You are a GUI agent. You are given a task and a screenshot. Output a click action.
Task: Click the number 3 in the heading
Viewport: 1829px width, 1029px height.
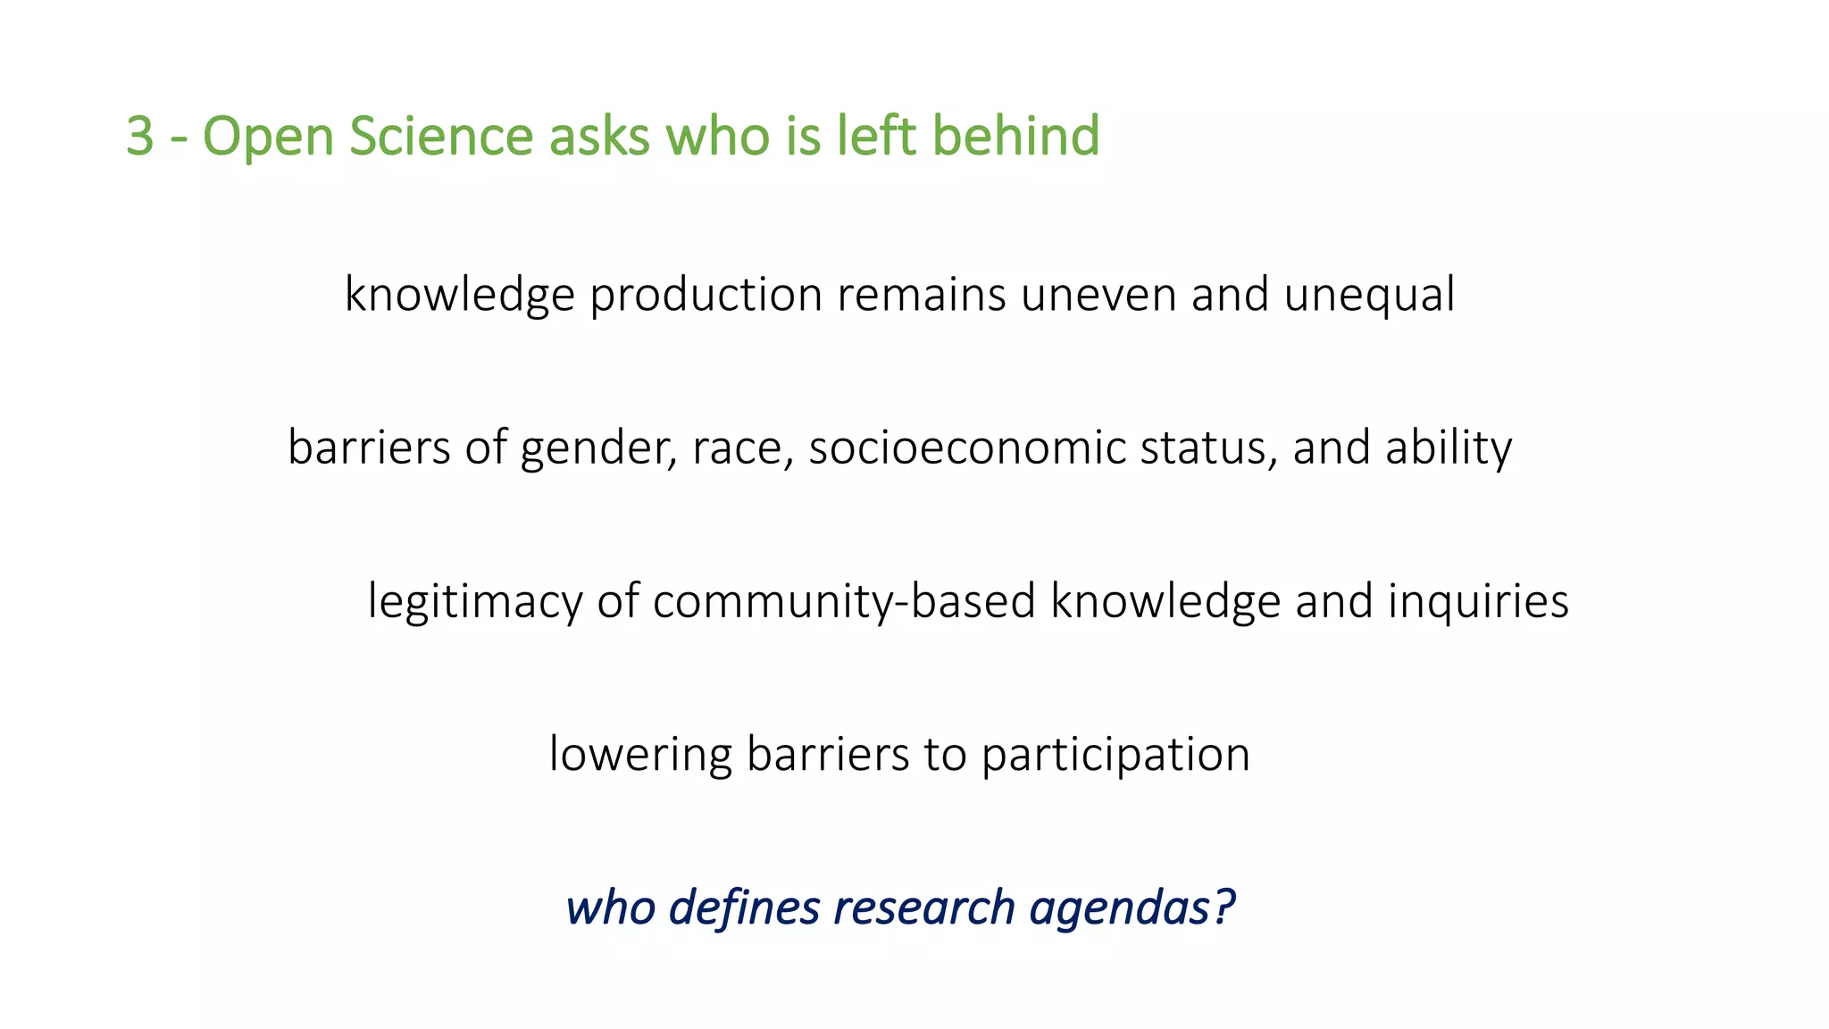(x=140, y=137)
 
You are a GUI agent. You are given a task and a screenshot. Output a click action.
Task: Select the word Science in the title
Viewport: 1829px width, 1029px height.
(x=440, y=137)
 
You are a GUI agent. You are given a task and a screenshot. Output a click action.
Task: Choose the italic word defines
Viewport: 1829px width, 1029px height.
(x=744, y=908)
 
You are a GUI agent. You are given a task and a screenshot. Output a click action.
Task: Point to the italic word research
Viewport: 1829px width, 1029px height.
(x=924, y=908)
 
